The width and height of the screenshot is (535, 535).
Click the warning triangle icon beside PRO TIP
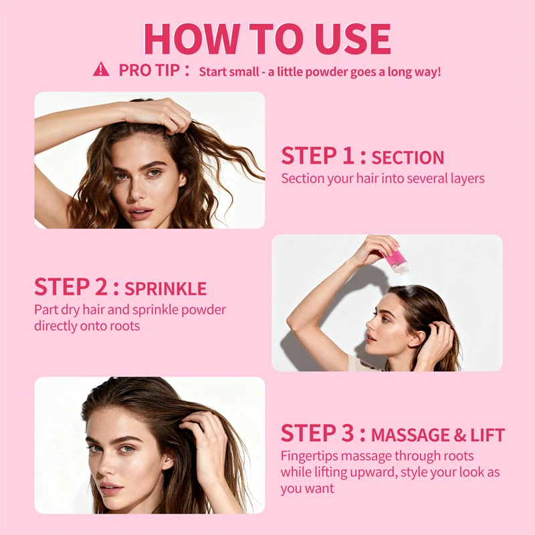click(x=101, y=69)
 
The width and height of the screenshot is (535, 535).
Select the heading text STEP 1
click(x=317, y=156)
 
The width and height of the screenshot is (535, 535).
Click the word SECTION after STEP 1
click(x=408, y=158)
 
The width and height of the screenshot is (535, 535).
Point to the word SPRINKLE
click(x=166, y=289)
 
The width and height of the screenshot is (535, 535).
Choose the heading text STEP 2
click(x=71, y=287)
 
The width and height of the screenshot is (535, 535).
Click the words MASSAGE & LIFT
click(x=438, y=435)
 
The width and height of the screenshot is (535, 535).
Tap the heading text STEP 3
click(x=317, y=434)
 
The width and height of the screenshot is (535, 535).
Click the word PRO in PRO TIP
click(x=133, y=70)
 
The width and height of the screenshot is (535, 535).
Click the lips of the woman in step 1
click(x=140, y=213)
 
